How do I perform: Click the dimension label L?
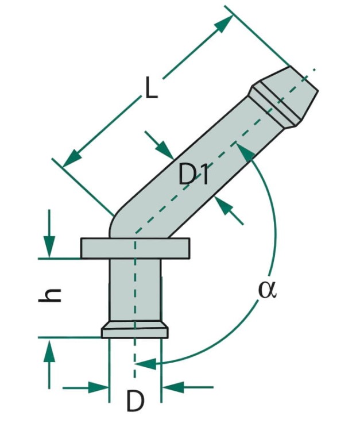[151, 87]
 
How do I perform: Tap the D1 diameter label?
[193, 175]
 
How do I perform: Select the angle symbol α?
[267, 290]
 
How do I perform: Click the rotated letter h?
[49, 295]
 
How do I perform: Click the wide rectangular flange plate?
[135, 248]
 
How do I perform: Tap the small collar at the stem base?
[135, 330]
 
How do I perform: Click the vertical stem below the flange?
[135, 290]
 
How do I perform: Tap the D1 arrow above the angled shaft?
[160, 145]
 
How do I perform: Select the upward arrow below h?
[49, 363]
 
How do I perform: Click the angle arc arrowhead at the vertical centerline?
[145, 364]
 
